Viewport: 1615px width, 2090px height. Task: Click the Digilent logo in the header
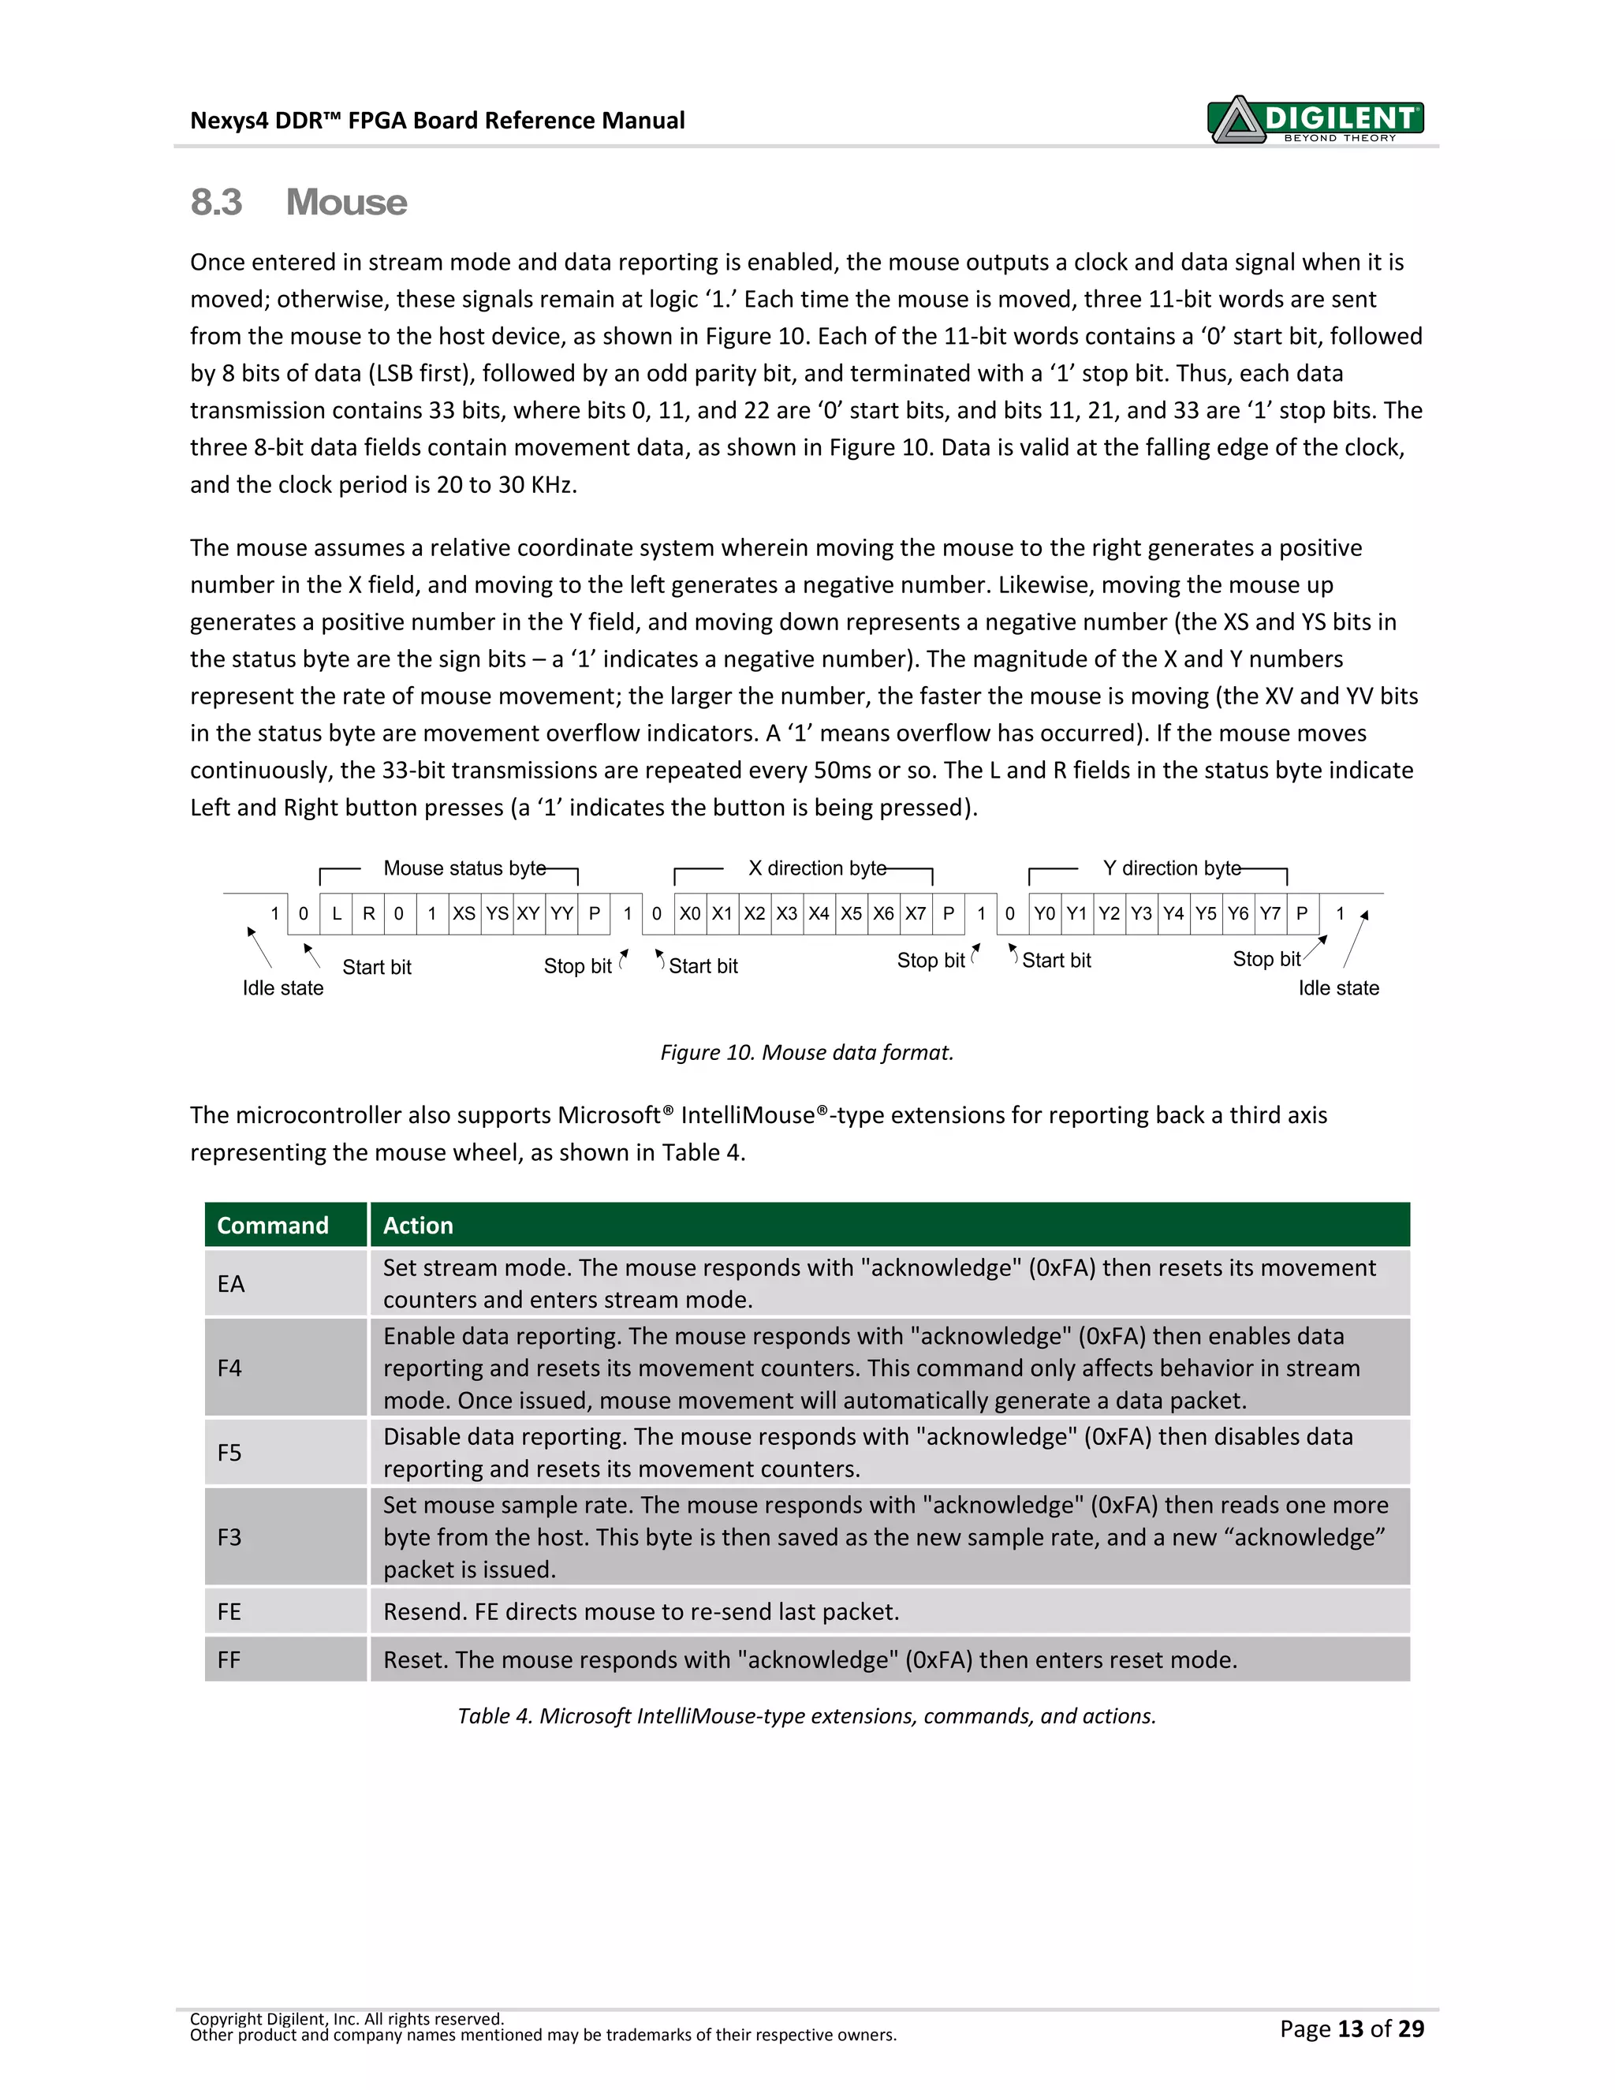click(x=1315, y=120)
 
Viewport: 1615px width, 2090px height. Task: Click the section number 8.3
click(x=216, y=203)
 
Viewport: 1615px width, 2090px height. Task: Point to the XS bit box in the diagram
click(x=464, y=914)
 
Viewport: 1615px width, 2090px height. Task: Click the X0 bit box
click(x=690, y=914)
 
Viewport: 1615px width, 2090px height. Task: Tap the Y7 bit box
click(x=1270, y=914)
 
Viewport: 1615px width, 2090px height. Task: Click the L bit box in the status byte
click(x=336, y=914)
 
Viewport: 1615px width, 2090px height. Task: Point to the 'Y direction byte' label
click(x=1171, y=868)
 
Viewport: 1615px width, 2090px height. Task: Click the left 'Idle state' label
click(x=282, y=987)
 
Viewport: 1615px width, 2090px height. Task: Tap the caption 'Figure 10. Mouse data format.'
click(x=807, y=1053)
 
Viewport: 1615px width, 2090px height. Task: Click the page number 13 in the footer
click(x=1349, y=2028)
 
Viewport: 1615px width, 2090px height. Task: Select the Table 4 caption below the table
click(x=807, y=1716)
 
